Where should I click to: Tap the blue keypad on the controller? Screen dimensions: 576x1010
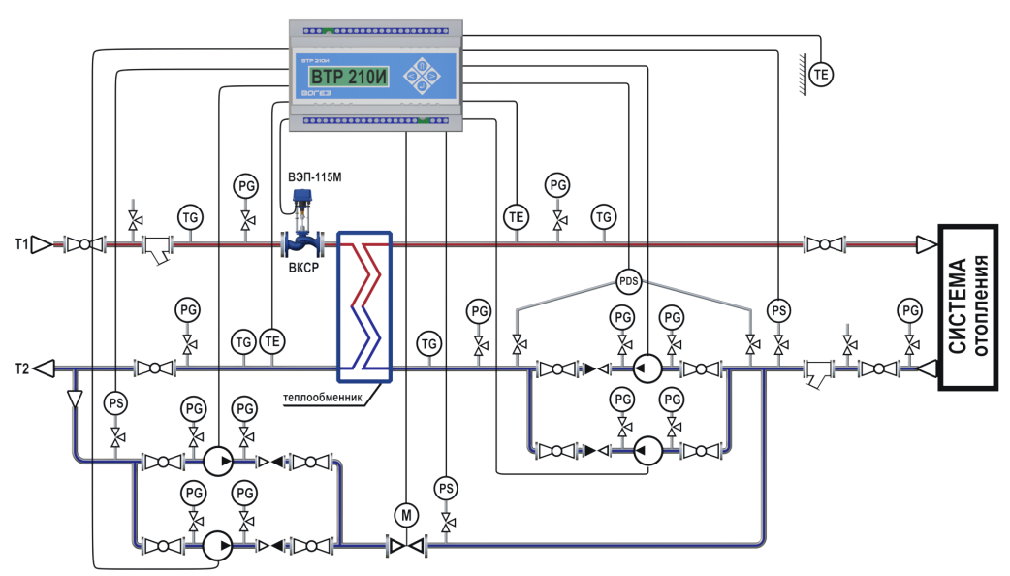pyautogui.click(x=420, y=76)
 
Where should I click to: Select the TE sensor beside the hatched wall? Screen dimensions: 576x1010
pyautogui.click(x=822, y=74)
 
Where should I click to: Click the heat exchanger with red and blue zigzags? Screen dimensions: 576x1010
pyautogui.click(x=364, y=305)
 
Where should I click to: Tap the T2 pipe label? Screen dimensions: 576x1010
pyautogui.click(x=18, y=368)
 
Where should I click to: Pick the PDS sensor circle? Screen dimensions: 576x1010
pyautogui.click(x=630, y=281)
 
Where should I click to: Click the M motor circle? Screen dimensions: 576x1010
pyautogui.click(x=405, y=514)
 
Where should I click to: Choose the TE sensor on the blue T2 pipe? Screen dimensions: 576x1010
pyautogui.click(x=273, y=341)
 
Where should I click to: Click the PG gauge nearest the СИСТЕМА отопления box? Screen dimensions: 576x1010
pyautogui.click(x=909, y=310)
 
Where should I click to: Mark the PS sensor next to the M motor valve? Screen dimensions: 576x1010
pyautogui.click(x=446, y=488)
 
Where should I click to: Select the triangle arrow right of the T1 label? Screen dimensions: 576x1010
pyautogui.click(x=41, y=244)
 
